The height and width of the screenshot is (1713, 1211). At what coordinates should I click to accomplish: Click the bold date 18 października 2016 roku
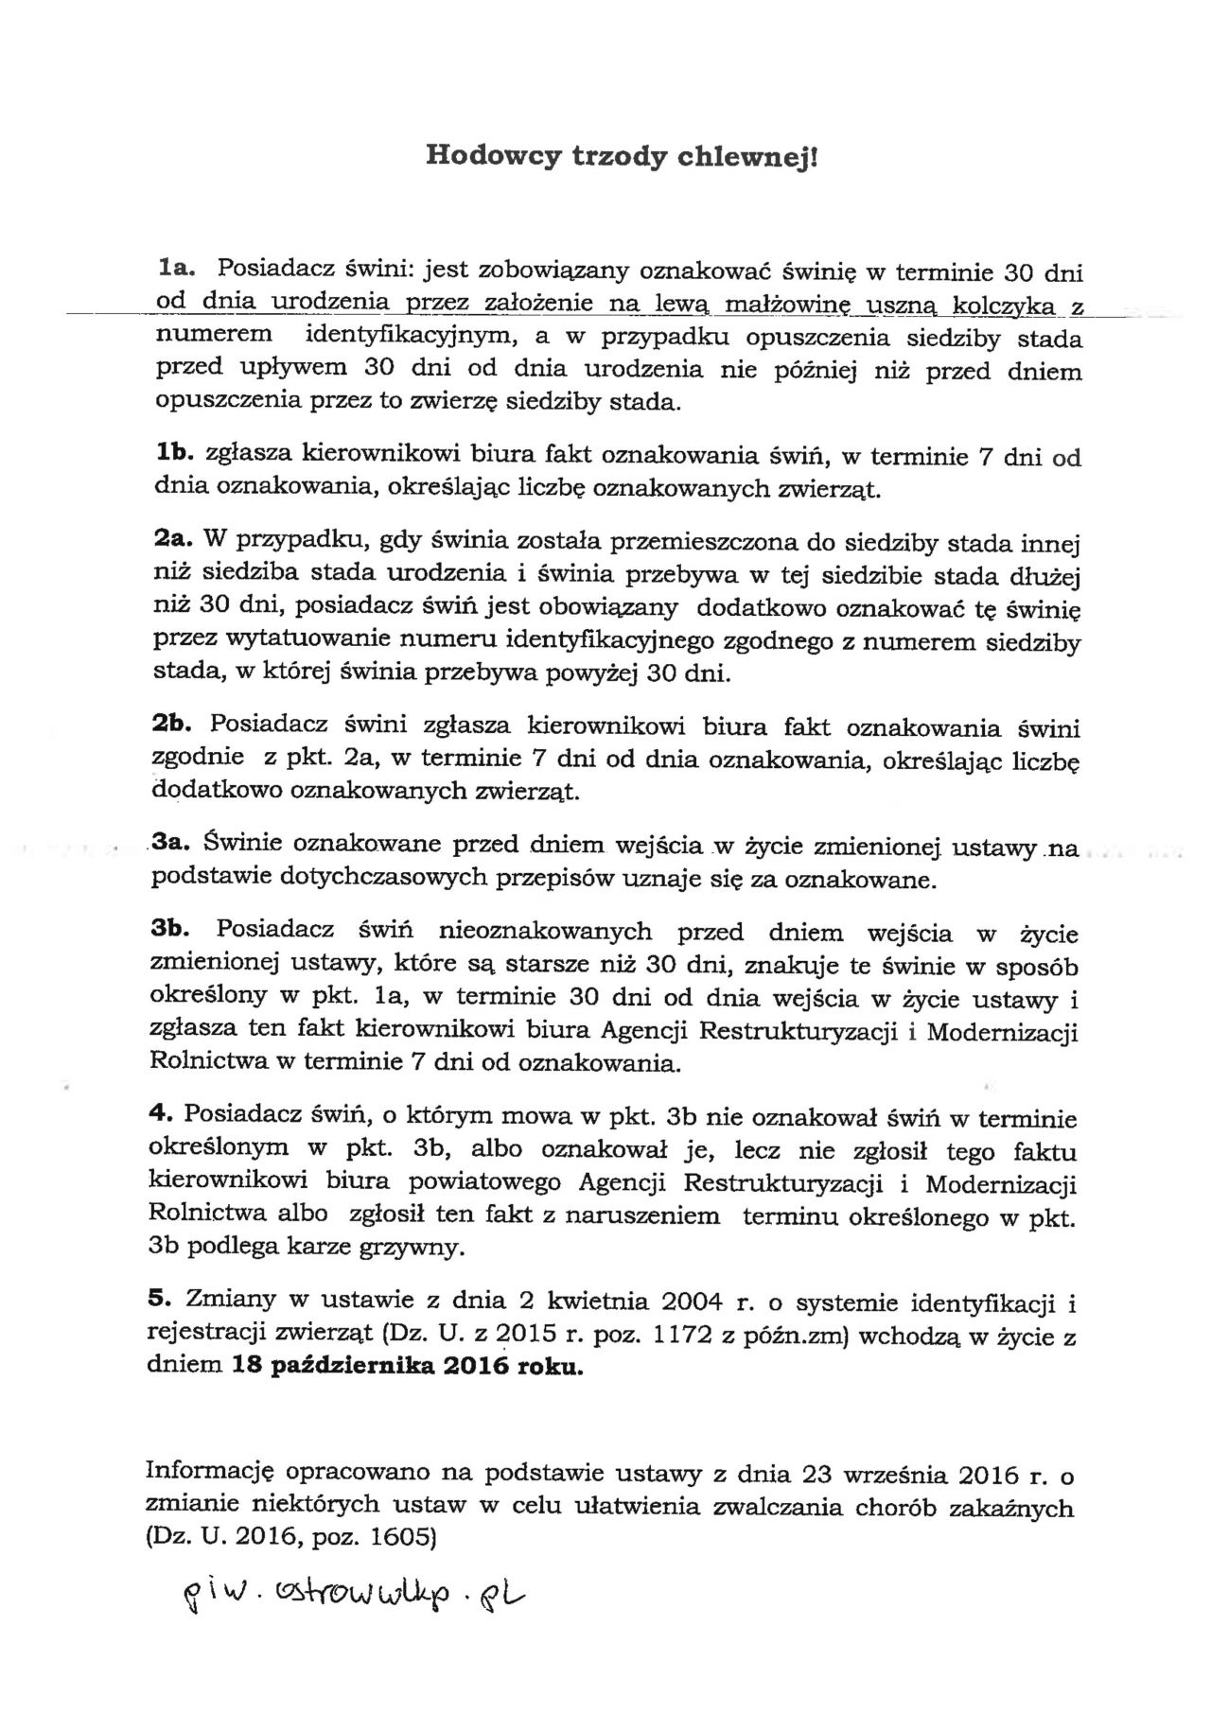pos(407,1367)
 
